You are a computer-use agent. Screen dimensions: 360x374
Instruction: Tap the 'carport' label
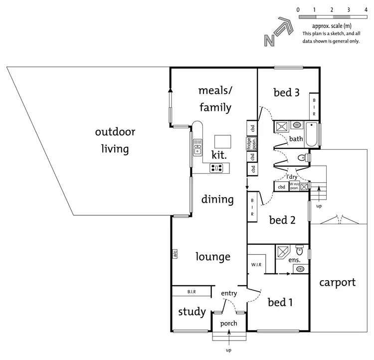(338, 283)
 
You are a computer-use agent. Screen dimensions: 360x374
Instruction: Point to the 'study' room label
(192, 312)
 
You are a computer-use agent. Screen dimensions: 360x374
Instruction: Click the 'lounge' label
(213, 257)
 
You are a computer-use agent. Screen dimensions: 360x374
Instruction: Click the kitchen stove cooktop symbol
(216, 168)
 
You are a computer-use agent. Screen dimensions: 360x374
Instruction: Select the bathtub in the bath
(313, 135)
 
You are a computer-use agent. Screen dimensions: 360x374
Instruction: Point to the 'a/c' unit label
(175, 254)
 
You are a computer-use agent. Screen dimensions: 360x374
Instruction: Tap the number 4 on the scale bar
(366, 9)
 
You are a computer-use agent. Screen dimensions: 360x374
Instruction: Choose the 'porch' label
(229, 324)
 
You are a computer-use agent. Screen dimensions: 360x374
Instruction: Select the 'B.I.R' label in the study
(191, 291)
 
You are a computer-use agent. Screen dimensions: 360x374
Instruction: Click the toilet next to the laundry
(301, 158)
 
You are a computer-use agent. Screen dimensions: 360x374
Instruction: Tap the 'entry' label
(229, 294)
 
